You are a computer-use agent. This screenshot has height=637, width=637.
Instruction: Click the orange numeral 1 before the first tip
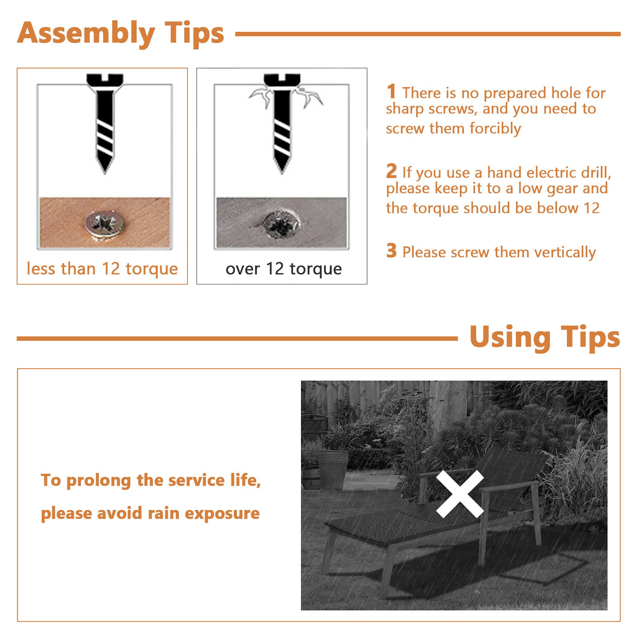(391, 91)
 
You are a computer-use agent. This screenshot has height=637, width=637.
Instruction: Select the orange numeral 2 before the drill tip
(391, 171)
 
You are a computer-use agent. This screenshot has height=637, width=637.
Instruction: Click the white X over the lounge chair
(460, 494)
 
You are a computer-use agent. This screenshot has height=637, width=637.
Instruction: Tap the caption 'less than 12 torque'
(102, 269)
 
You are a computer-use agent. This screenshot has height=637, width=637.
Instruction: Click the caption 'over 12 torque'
(283, 269)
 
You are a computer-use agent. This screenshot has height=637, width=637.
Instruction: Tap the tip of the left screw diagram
(105, 170)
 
